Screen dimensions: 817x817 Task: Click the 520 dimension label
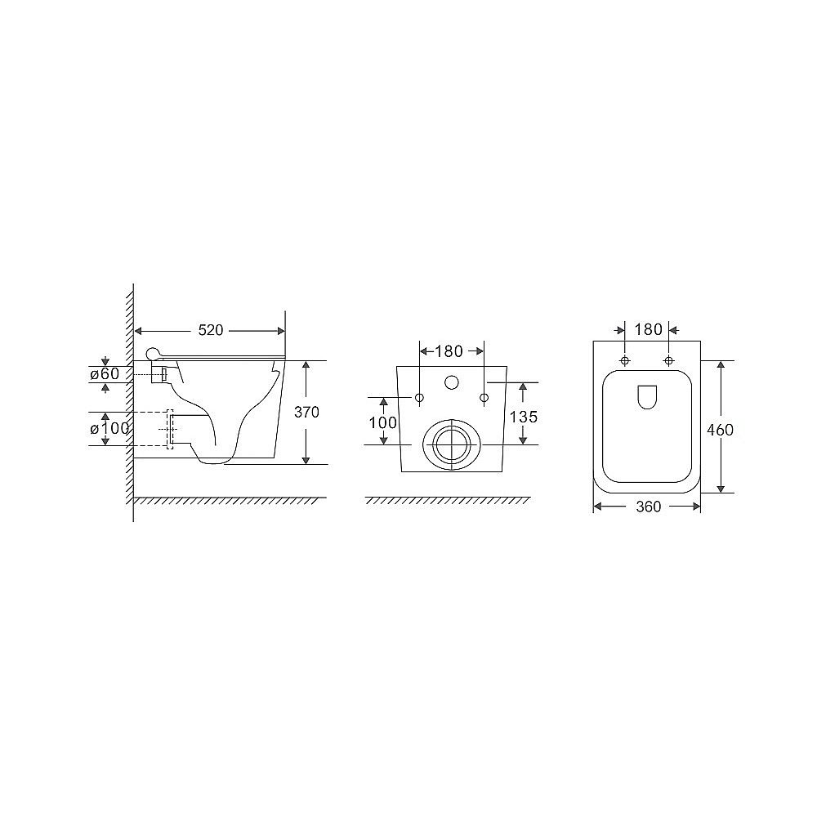[211, 330]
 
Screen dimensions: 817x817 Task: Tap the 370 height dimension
[306, 412]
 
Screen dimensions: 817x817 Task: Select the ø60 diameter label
[105, 373]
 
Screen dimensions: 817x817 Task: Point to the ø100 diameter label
[109, 429]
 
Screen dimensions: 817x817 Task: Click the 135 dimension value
[523, 417]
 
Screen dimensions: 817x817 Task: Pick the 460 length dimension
[720, 430]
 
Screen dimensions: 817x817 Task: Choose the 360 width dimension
[648, 507]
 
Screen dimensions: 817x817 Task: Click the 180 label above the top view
[648, 329]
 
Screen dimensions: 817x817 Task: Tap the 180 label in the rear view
[449, 351]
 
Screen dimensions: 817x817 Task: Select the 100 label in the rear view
[383, 422]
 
